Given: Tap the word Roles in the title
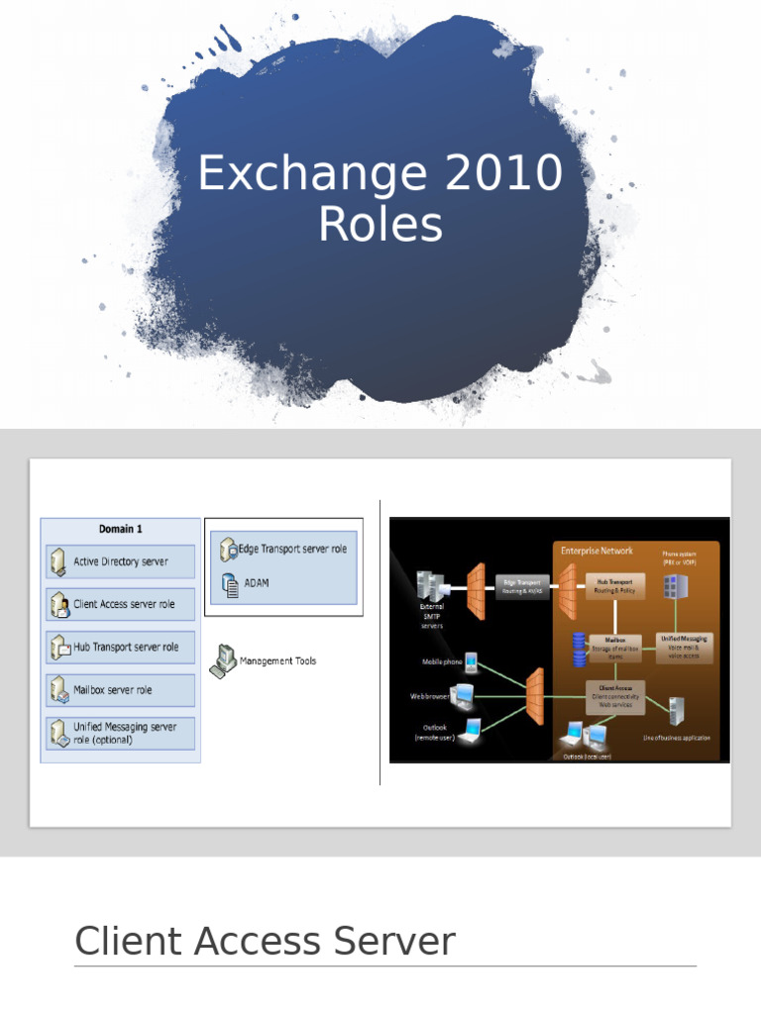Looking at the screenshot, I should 380,225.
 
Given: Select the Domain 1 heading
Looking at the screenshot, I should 120,530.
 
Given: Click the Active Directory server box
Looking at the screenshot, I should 120,561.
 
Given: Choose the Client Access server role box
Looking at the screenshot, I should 120,604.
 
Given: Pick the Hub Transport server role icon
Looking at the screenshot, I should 58,648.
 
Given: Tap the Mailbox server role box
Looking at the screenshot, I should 120,690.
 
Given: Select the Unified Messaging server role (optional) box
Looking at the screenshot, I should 120,734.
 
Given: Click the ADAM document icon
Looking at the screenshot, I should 229,583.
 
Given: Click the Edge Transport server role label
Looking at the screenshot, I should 295,549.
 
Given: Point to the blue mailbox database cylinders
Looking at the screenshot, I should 579,649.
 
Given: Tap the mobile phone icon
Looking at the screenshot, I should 472,660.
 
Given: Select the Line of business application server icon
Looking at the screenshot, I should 677,712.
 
